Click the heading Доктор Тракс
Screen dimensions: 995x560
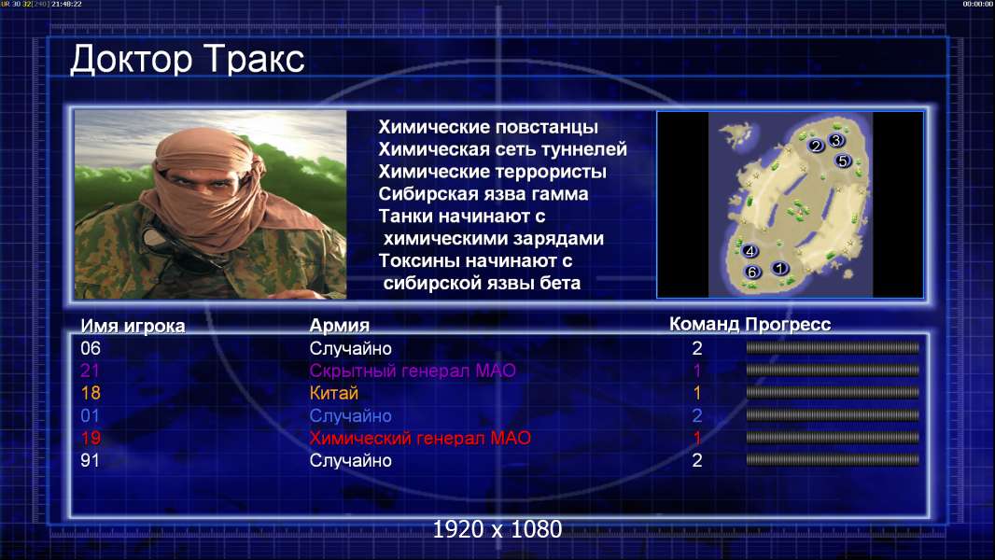pos(188,60)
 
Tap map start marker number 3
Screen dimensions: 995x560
pos(835,140)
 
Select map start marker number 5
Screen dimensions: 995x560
pos(843,161)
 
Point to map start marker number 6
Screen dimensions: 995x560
pos(752,273)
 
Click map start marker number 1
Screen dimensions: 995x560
pos(780,268)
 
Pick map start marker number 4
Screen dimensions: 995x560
pos(750,251)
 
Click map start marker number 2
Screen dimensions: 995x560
pos(816,146)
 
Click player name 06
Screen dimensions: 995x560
pos(91,348)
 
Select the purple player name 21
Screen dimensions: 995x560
pos(91,371)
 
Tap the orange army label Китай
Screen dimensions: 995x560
pos(334,393)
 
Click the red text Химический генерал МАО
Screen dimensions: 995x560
pos(420,439)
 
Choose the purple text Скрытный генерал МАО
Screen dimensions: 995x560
pos(413,371)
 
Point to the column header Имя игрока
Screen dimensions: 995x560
pos(133,326)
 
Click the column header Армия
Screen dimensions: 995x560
pos(340,326)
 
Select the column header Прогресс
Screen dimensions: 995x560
pos(788,325)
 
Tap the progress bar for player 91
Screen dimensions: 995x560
pos(833,460)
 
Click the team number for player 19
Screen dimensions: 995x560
pos(696,438)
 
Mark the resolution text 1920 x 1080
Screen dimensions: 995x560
pos(497,529)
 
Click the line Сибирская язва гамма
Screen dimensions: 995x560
pos(483,194)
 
